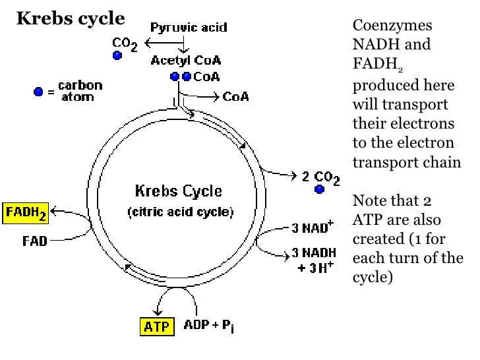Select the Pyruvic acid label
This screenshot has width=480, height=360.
[189, 28]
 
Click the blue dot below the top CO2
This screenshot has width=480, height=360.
[117, 56]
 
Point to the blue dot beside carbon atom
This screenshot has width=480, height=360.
[39, 92]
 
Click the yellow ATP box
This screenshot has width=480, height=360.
[156, 326]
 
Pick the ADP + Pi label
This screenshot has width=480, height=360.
[208, 326]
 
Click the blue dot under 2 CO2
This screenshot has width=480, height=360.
[320, 190]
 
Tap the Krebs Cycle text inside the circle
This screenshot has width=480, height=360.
[179, 192]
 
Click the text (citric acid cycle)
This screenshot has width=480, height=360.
[180, 212]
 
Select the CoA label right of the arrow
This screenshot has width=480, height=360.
[235, 97]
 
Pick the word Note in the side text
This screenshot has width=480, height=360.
[369, 200]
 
